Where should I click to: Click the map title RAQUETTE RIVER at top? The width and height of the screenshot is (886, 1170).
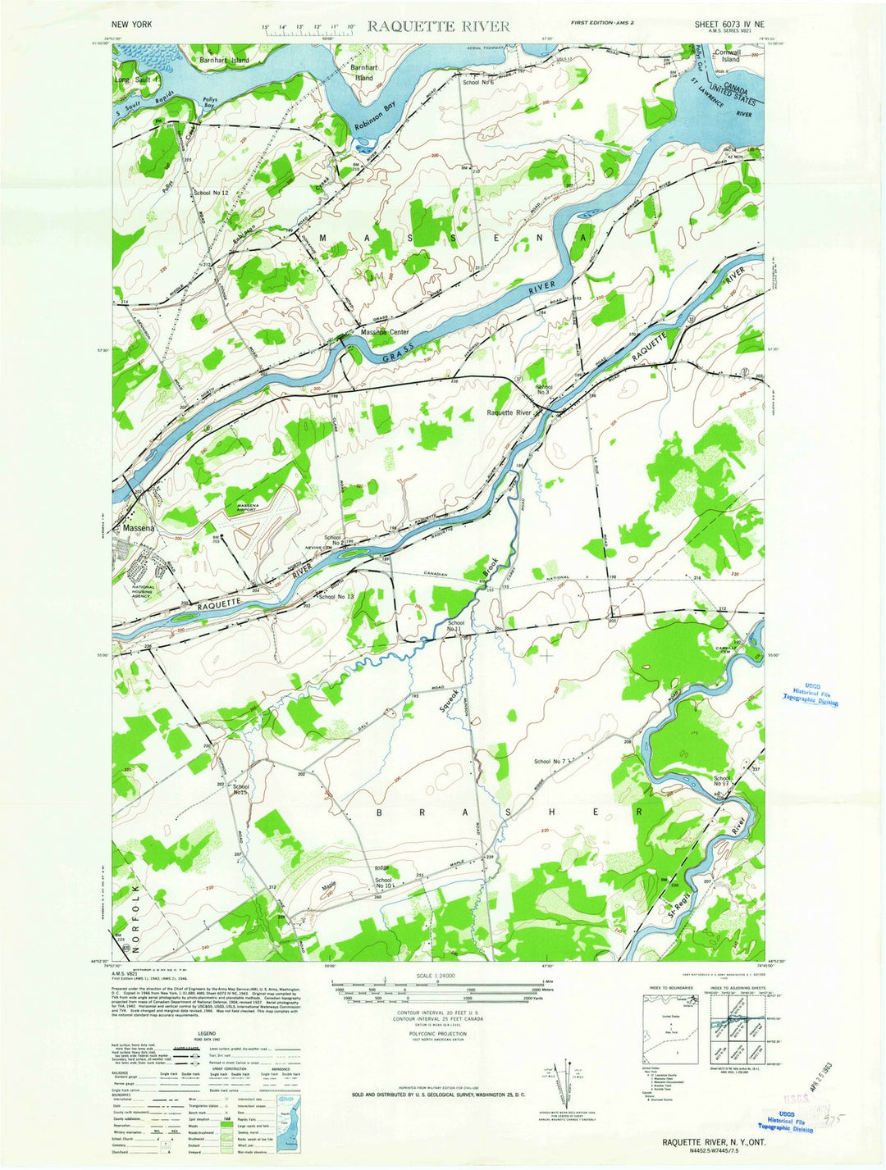[438, 26]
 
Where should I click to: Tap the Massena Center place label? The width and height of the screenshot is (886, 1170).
[385, 332]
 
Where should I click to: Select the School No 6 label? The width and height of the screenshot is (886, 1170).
[477, 83]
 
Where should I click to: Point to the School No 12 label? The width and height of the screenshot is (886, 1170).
[210, 193]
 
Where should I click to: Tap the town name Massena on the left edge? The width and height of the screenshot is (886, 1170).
[139, 529]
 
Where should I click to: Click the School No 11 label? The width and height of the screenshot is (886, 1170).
[456, 627]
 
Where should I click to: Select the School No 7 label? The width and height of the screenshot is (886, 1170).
[550, 762]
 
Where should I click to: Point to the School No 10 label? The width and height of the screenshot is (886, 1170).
[382, 883]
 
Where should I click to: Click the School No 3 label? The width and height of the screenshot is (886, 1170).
[544, 389]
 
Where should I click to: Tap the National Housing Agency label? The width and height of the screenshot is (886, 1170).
[144, 592]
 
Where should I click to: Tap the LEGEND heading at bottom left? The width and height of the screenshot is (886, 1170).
[206, 1035]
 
